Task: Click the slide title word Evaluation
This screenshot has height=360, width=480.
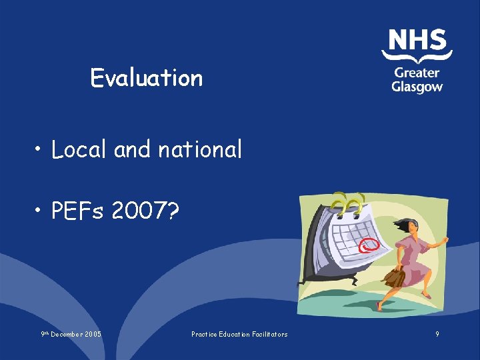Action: coord(146,78)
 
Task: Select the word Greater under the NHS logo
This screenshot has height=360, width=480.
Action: coord(417,73)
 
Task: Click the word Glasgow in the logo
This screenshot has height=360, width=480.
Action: coord(417,87)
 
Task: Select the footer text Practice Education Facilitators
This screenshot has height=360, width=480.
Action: coord(239,334)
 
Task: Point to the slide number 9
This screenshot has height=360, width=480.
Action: coord(437,334)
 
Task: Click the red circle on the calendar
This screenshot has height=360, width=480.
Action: coord(368,246)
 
